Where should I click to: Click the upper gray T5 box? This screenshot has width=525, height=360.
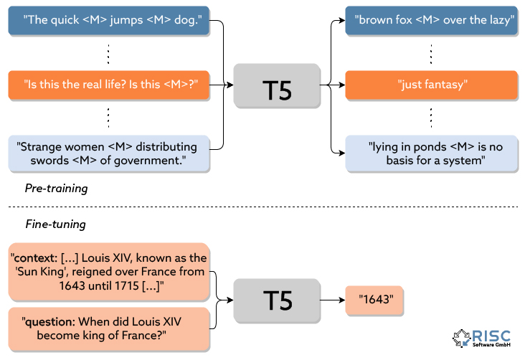coord(277,85)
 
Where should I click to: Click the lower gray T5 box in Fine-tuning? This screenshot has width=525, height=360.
coord(277,300)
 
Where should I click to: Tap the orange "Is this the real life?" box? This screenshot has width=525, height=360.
coord(110,85)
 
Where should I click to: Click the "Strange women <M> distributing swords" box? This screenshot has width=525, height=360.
coord(110,153)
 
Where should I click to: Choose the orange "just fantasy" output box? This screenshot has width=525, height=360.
coord(431,85)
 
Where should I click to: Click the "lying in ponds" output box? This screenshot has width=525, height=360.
coord(431,153)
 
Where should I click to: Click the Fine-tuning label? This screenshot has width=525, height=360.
coord(55,224)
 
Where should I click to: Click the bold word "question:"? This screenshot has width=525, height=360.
coord(51,322)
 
